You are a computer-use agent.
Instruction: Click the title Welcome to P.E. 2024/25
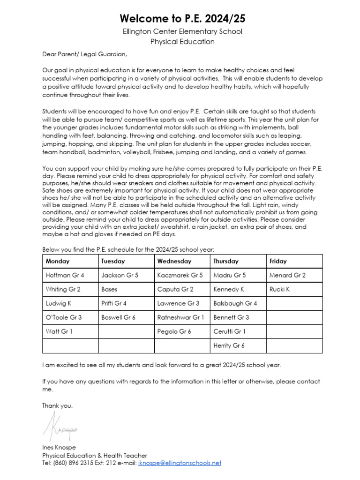coord(182,19)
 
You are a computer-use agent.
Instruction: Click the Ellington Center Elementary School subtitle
coord(182,32)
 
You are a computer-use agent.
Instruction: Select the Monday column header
coord(58,261)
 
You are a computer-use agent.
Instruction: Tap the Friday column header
coord(278,261)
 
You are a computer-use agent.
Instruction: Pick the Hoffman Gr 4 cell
coord(65,275)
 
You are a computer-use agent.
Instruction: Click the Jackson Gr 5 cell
coord(120,275)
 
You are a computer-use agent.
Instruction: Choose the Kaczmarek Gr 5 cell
coord(180,275)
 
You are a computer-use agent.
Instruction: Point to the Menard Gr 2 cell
coord(287,275)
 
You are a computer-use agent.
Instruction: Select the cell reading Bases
coord(109,289)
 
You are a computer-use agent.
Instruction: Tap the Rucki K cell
coord(279,289)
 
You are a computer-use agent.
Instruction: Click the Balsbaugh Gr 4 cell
coord(235,303)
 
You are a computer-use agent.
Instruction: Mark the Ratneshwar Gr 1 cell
coord(181,317)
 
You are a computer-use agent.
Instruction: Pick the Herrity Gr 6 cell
coord(229,345)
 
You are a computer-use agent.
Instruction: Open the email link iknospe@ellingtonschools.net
coord(179,463)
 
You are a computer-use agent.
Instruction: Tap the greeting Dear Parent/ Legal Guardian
coord(84,54)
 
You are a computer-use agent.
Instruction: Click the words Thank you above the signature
coord(57,405)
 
